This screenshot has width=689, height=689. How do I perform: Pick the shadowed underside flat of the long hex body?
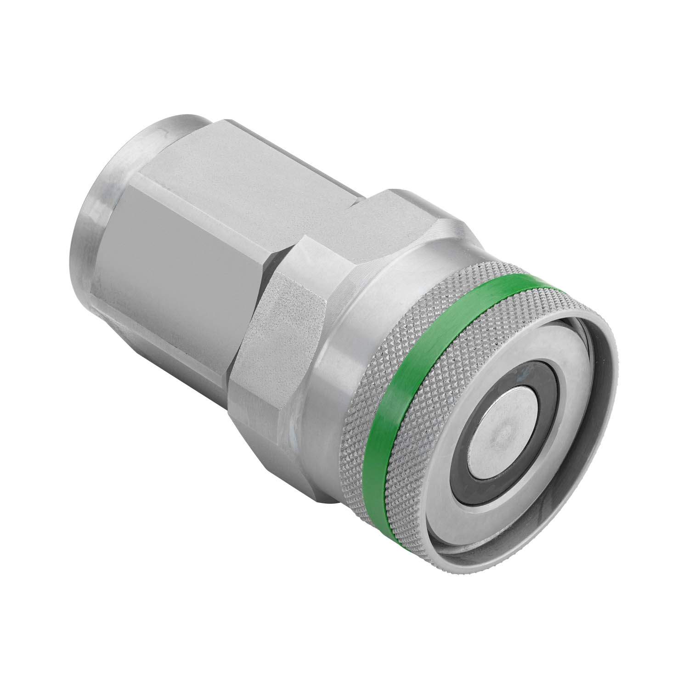165,331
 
